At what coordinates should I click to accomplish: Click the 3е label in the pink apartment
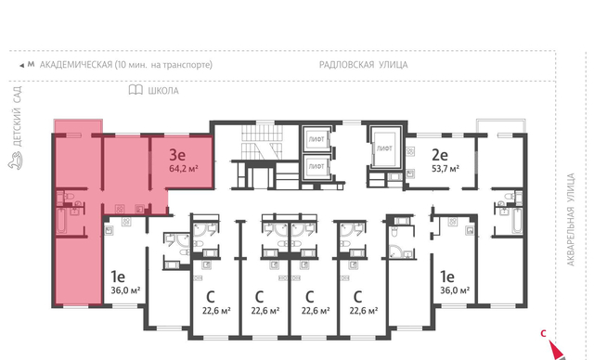tap(176, 154)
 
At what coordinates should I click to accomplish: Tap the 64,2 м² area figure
tap(184, 169)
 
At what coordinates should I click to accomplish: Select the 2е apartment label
tap(440, 154)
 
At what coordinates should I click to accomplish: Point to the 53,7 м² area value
tap(445, 169)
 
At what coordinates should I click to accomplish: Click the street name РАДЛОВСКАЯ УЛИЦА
tap(363, 65)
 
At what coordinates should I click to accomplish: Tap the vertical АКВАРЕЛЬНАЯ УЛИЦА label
tap(571, 220)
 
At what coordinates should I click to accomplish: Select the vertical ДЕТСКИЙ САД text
tap(18, 116)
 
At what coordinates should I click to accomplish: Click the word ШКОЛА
tap(163, 91)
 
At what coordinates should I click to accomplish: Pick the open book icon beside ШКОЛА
tap(136, 90)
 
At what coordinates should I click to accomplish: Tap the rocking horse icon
tap(15, 161)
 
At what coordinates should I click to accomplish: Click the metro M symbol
tap(31, 64)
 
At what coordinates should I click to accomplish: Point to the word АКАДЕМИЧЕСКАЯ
tap(76, 65)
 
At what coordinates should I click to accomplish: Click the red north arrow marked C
tap(554, 349)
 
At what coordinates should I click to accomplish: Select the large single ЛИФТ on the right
tap(384, 148)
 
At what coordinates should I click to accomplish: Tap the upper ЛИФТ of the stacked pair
tap(316, 139)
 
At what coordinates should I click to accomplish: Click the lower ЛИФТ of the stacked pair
tap(316, 166)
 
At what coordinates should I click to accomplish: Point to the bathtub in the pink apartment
tap(62, 220)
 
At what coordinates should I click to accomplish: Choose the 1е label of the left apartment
tap(118, 276)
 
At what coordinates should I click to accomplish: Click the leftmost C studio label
tap(211, 297)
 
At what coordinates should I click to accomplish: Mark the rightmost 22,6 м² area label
tap(364, 311)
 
